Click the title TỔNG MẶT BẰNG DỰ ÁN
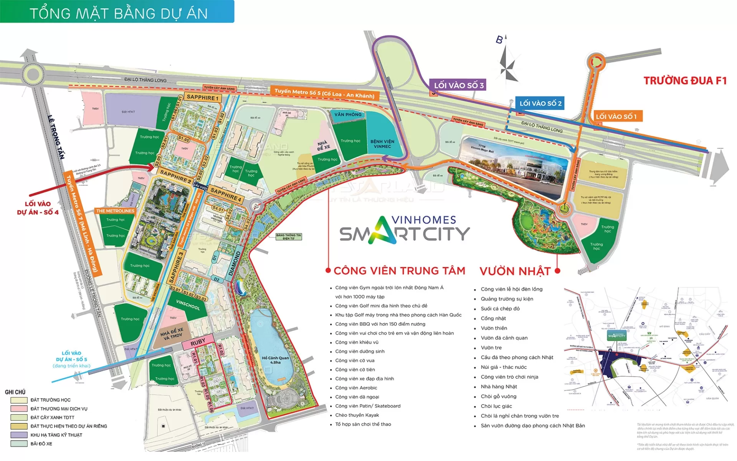[x=119, y=13]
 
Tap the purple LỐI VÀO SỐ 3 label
[x=458, y=85]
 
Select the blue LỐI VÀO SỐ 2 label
[x=540, y=103]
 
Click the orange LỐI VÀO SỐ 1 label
[x=616, y=116]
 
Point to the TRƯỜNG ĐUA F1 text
[x=685, y=81]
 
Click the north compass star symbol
[x=507, y=65]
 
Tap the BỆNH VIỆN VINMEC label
[x=382, y=144]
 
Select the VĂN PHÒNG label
[x=347, y=114]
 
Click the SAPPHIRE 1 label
[x=202, y=98]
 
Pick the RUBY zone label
[x=198, y=342]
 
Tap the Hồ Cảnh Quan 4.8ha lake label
[x=275, y=360]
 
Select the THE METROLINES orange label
[x=115, y=211]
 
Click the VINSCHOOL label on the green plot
[x=188, y=305]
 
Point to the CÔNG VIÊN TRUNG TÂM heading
[x=399, y=270]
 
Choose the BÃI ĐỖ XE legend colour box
[x=19, y=444]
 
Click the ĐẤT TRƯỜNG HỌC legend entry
[x=50, y=400]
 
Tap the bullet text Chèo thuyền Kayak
[x=357, y=415]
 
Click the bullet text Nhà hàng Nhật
[x=499, y=386]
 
